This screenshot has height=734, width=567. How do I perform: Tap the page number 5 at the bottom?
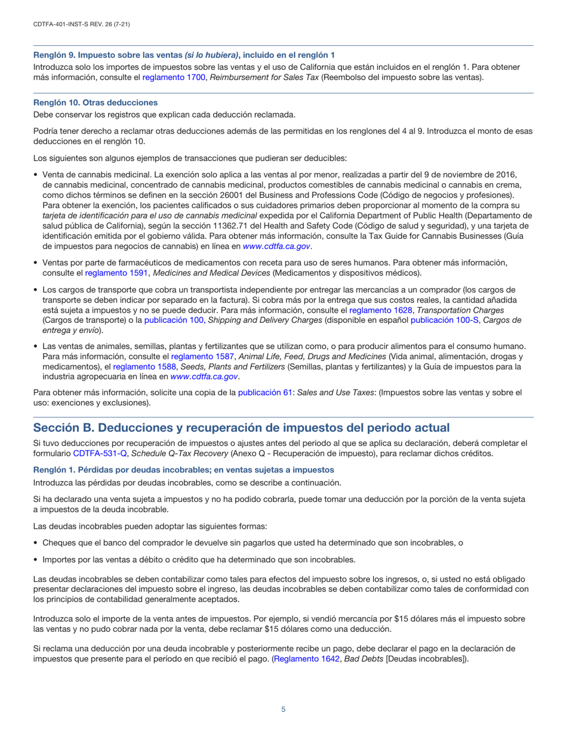[x=283, y=709]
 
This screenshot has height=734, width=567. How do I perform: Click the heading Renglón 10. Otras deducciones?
[x=95, y=103]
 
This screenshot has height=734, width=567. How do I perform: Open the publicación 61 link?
[x=266, y=392]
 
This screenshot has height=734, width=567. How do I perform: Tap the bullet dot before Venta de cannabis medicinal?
[x=36, y=175]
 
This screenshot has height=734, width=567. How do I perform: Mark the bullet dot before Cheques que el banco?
[x=36, y=542]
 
